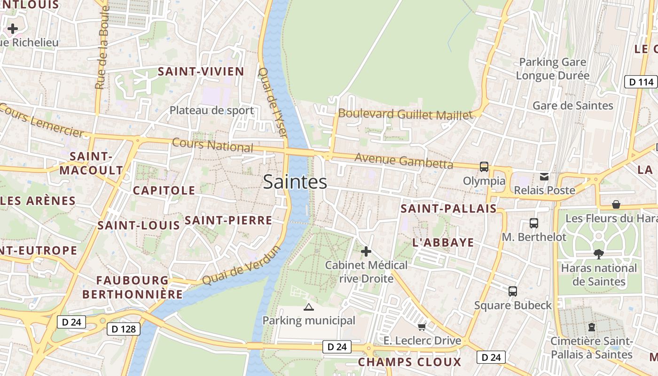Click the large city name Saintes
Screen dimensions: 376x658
point(295,182)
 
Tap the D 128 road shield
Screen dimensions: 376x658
point(124,329)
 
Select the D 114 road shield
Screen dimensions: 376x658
point(641,82)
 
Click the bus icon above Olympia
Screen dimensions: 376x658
point(484,166)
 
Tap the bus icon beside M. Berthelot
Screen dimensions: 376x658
point(533,223)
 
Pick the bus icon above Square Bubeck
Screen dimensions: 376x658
point(512,291)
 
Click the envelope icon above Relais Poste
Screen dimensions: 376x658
point(544,177)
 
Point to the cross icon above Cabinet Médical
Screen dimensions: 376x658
point(366,251)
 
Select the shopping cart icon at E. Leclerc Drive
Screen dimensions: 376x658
point(422,327)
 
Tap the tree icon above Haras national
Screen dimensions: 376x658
point(598,254)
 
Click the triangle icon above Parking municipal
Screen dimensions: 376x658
point(308,307)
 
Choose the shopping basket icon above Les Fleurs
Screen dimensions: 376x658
point(616,204)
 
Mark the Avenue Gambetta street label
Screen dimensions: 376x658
point(404,161)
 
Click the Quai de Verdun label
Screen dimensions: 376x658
point(241,265)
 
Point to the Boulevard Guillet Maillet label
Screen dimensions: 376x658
point(405,114)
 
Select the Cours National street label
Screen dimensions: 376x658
point(212,145)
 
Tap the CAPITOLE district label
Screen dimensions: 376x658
point(164,190)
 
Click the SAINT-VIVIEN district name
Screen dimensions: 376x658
point(201,71)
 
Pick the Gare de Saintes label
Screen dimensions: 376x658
point(572,105)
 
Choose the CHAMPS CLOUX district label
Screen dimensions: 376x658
point(409,362)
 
